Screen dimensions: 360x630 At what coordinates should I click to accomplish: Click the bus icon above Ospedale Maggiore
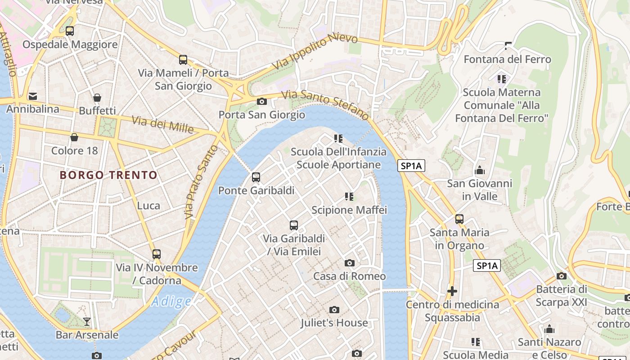click(69, 31)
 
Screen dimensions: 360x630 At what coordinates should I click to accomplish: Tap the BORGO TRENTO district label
click(108, 175)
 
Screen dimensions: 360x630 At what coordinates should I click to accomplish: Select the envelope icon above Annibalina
click(33, 96)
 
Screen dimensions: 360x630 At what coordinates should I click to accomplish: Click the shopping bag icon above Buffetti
click(97, 98)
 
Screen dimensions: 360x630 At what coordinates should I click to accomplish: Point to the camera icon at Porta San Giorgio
click(261, 102)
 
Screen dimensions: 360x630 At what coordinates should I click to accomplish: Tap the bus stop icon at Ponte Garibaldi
click(256, 177)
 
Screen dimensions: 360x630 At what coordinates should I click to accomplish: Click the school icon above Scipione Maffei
click(349, 197)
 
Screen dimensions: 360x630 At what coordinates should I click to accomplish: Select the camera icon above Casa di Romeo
click(349, 263)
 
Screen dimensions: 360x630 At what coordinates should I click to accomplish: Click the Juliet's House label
click(334, 323)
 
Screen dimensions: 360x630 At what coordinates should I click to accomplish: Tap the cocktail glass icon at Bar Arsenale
click(87, 321)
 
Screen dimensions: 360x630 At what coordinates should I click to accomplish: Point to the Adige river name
click(171, 301)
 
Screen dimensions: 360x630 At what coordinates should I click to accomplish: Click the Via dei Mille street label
click(162, 124)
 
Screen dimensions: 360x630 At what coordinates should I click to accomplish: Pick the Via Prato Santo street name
click(201, 182)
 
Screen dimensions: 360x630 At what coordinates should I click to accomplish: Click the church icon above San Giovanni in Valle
click(479, 171)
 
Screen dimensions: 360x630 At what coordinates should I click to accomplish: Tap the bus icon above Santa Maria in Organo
click(459, 219)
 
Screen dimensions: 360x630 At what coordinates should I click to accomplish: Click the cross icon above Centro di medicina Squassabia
click(452, 292)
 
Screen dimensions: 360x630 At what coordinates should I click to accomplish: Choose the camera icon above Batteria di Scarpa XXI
click(561, 276)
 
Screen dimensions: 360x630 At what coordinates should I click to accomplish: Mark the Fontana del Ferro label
click(507, 59)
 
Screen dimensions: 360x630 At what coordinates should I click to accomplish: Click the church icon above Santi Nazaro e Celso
click(549, 329)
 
